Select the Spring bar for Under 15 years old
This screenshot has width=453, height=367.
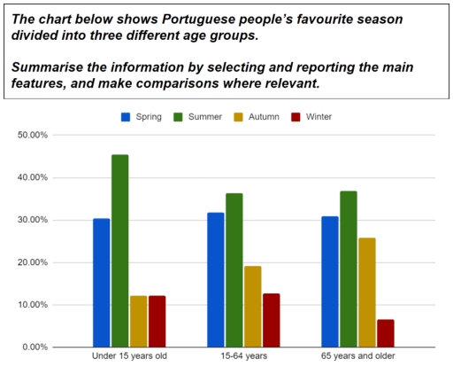click(x=102, y=283)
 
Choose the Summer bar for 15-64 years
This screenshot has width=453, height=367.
click(x=234, y=270)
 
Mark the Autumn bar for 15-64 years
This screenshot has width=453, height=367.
click(x=252, y=306)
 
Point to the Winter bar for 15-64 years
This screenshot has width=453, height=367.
click(x=271, y=320)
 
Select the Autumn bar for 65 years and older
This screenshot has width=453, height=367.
click(x=367, y=293)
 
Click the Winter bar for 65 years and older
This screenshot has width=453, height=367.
click(x=385, y=333)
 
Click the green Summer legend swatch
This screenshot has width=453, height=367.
click(x=179, y=116)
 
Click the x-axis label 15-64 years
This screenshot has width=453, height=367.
click(x=243, y=357)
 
